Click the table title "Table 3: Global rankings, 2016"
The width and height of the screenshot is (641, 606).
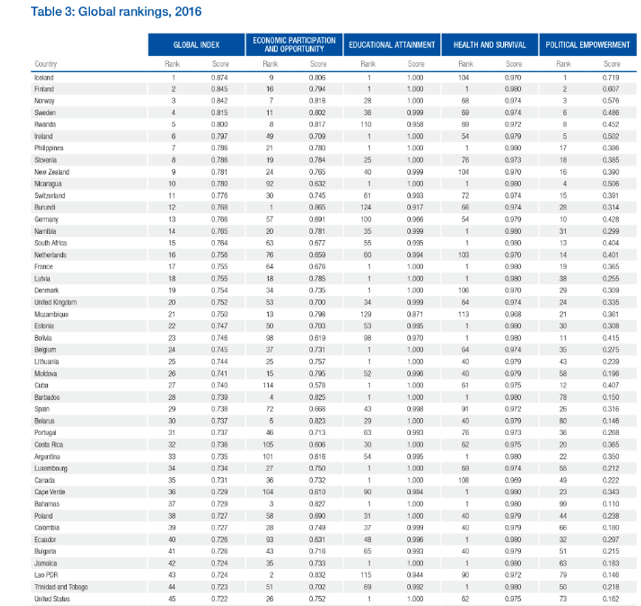(116, 11)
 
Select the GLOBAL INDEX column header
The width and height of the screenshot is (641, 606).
(196, 45)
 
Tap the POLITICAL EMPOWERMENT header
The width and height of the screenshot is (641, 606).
(587, 45)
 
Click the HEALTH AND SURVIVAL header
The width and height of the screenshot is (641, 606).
(490, 45)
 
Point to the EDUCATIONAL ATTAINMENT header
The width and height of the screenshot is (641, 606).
(392, 45)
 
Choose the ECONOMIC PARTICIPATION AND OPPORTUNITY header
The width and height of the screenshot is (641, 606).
(294, 45)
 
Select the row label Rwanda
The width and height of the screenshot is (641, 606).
(44, 124)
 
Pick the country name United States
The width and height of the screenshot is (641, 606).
(52, 599)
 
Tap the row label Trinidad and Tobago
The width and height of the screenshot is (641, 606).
(60, 587)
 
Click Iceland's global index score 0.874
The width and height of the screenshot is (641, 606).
(220, 77)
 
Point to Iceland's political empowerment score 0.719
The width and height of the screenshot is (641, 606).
(612, 77)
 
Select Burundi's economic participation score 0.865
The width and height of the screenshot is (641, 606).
(317, 207)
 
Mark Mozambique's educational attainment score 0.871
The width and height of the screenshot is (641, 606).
(415, 314)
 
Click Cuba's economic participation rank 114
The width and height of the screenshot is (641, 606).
(269, 385)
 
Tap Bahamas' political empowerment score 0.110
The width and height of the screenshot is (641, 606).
(612, 504)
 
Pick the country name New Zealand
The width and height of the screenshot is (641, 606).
(51, 172)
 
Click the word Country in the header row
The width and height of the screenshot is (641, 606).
(45, 64)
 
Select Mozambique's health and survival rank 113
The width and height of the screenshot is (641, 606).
(466, 314)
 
